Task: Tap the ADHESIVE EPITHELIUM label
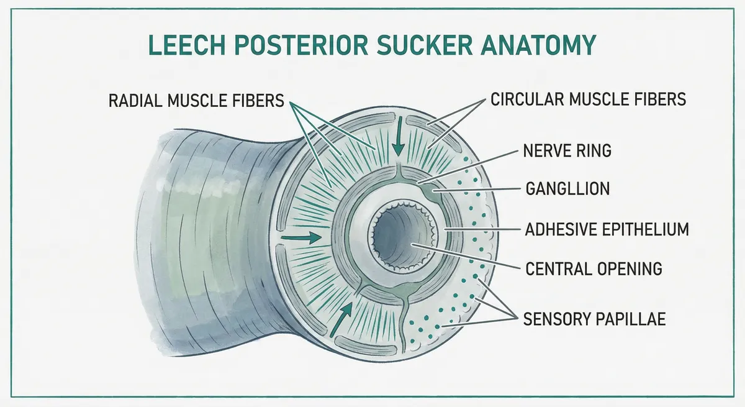tap(607, 229)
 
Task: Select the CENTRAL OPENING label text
tap(594, 268)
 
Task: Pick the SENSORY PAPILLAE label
tap(595, 319)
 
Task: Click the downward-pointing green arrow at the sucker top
tap(397, 145)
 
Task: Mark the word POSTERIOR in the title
tap(301, 47)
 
